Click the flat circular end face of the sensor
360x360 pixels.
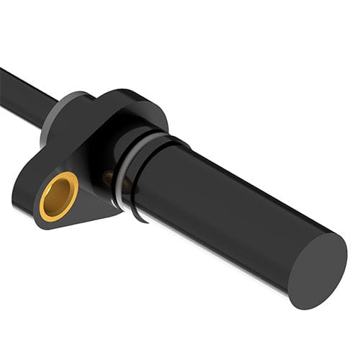[x=318, y=270]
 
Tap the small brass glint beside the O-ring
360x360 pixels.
[x=108, y=176]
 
